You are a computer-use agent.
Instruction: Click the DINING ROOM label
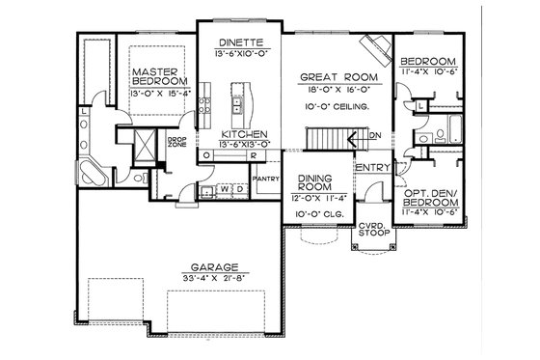315,183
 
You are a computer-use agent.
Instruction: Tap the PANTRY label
265,179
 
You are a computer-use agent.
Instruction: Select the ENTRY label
372,168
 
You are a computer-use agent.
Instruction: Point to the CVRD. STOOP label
372,229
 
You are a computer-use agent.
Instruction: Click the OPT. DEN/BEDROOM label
426,205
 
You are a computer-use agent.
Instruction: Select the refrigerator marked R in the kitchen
251,155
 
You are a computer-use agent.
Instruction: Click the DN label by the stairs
375,136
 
